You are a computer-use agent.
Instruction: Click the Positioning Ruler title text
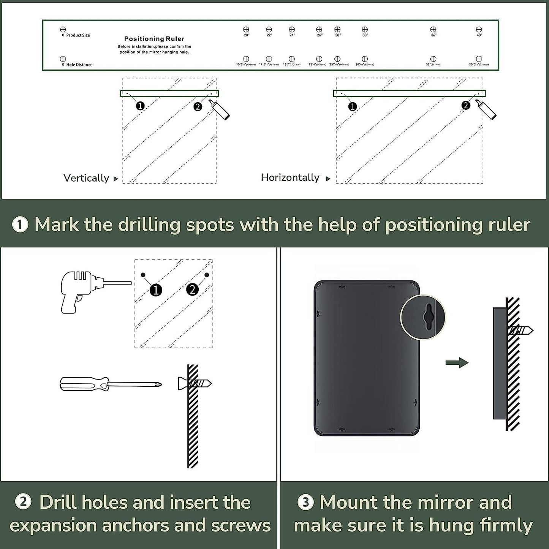point(154,39)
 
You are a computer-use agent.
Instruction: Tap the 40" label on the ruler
point(479,35)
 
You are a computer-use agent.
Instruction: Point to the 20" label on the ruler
point(247,35)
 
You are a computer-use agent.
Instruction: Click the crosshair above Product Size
point(63,29)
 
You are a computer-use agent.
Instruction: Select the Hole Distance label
point(79,65)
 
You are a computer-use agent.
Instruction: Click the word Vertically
point(86,178)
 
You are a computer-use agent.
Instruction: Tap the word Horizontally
point(290,177)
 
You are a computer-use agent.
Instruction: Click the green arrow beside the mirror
point(457,363)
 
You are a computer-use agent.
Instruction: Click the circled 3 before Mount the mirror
point(305,502)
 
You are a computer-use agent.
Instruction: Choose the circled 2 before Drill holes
point(23,502)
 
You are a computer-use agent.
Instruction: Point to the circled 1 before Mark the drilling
point(20,225)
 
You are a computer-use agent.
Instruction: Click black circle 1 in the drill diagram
point(156,290)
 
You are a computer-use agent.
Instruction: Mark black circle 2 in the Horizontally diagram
point(466,106)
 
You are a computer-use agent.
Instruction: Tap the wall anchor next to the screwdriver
point(195,384)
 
